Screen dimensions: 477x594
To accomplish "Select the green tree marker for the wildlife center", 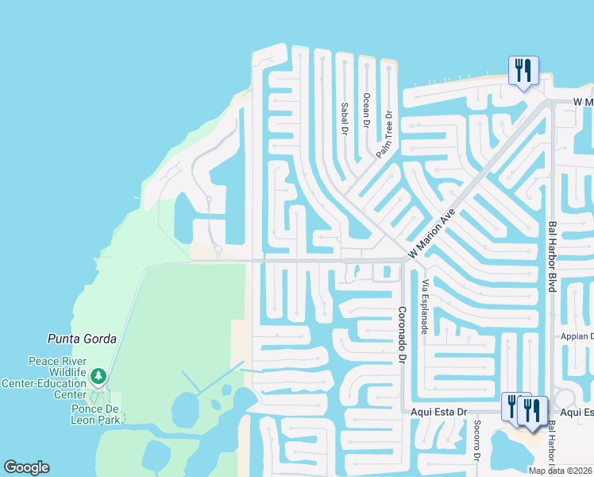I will tap(98, 374).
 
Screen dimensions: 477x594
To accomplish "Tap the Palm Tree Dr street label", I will tap(385, 134).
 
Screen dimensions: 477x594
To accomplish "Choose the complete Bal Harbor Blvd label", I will tap(552, 257).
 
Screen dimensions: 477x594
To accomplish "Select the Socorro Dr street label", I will tap(476, 441).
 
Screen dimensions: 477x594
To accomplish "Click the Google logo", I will tap(26, 467).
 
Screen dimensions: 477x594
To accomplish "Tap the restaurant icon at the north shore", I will tap(523, 71).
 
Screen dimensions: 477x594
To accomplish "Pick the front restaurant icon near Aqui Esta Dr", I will tap(533, 411).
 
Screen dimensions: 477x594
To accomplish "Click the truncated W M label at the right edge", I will tap(583, 103).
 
